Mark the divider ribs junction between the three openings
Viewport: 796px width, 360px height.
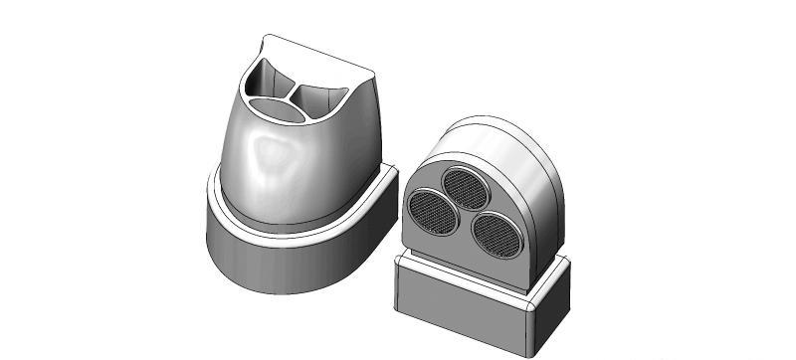294,91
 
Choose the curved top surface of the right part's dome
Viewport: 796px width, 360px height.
497,139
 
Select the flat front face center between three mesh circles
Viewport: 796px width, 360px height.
463,214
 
